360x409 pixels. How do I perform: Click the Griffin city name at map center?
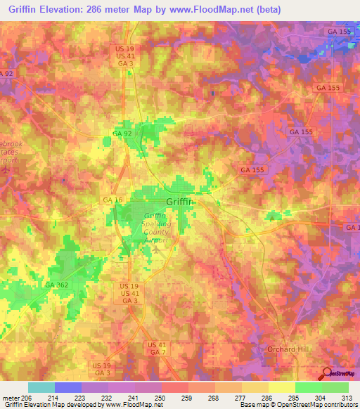pos(181,202)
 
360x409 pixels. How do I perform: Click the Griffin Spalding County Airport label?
pos(155,229)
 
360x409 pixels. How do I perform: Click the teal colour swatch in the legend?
pos(41,387)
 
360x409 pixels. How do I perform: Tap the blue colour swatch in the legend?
pos(67,387)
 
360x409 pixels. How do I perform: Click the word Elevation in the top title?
pos(69,10)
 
